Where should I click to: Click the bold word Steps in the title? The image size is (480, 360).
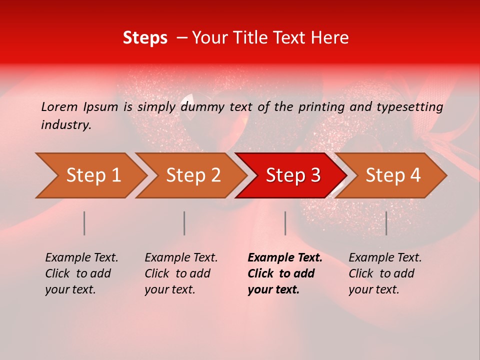(145, 38)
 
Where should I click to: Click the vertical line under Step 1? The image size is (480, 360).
(84, 223)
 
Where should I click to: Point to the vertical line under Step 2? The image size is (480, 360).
(184, 223)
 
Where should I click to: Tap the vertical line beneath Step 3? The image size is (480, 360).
(285, 223)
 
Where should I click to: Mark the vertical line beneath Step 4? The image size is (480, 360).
(386, 223)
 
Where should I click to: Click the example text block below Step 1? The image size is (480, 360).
(81, 273)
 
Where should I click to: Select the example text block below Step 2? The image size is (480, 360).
(181, 273)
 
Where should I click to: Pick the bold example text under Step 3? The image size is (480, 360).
(285, 273)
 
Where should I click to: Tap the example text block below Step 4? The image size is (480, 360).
(385, 273)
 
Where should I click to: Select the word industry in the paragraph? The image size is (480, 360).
(66, 124)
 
